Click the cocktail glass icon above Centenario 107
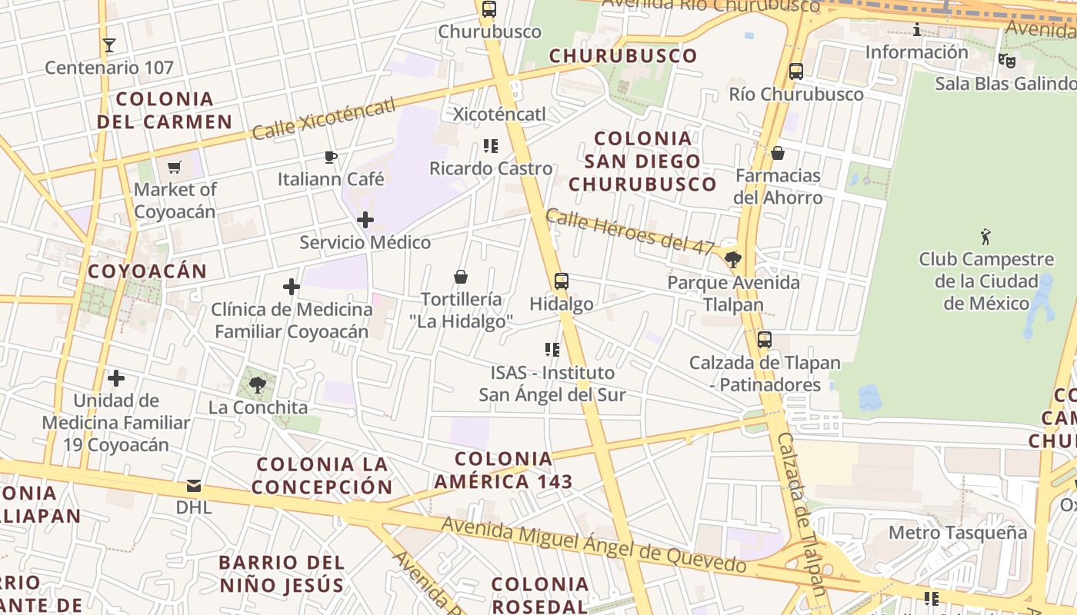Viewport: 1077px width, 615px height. (x=109, y=45)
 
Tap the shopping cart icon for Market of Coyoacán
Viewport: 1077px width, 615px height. (x=175, y=167)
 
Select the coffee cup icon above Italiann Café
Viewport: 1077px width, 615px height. (x=330, y=158)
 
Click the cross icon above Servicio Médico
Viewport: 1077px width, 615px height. (x=365, y=221)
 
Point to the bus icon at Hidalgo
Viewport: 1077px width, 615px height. (x=562, y=281)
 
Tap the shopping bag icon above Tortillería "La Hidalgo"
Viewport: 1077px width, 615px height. (x=461, y=277)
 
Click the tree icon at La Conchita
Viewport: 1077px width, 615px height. (x=258, y=385)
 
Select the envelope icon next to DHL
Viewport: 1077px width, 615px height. (x=193, y=486)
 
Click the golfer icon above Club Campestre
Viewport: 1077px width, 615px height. (x=985, y=237)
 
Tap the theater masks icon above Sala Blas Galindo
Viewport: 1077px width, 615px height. (x=1006, y=60)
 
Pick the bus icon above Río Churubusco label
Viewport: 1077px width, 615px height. (x=796, y=71)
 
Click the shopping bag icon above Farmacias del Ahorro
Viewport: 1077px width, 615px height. (x=778, y=153)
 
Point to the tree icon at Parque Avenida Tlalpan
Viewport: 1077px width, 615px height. (x=733, y=260)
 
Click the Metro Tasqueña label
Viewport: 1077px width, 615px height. (x=957, y=533)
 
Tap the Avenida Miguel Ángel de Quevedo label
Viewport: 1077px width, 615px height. (x=593, y=547)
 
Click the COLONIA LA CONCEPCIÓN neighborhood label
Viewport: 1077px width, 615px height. (x=322, y=475)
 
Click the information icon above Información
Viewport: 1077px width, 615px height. (x=917, y=30)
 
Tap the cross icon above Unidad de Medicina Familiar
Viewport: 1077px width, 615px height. (x=116, y=378)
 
